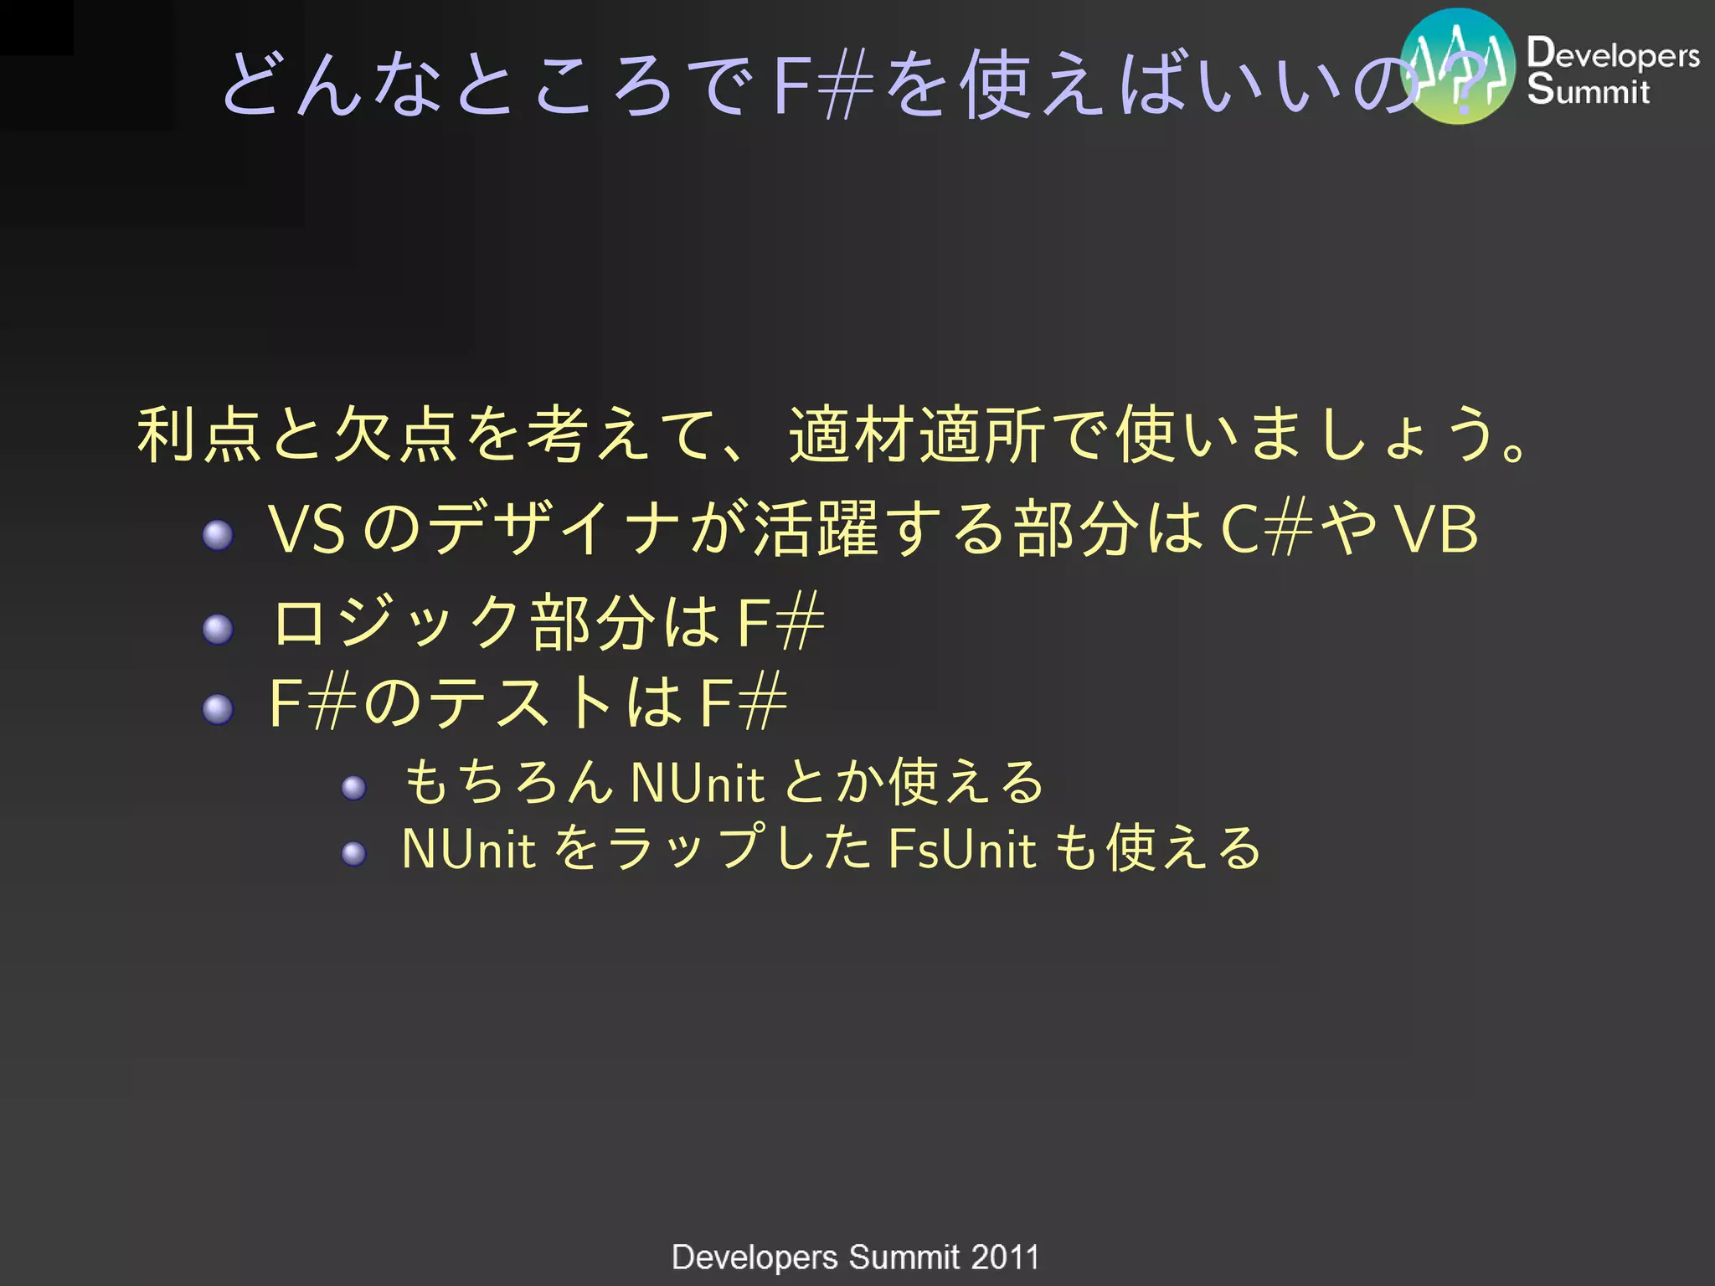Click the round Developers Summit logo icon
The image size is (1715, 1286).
point(1458,66)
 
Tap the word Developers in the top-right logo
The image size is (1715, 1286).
point(1613,54)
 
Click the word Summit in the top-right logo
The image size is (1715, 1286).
point(1588,90)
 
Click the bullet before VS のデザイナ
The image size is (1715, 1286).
point(218,534)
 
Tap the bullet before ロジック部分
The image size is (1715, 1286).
point(218,629)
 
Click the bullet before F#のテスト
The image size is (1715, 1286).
point(218,709)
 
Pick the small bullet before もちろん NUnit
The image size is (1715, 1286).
point(353,787)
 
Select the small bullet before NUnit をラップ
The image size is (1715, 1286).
point(353,853)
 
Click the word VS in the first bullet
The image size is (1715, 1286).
point(306,530)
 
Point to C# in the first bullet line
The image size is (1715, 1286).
point(1266,530)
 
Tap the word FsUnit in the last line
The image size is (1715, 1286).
point(962,849)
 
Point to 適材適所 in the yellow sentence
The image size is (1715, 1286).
point(917,435)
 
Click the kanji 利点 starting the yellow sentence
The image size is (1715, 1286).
point(200,435)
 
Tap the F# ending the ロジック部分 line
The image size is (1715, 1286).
point(780,623)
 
